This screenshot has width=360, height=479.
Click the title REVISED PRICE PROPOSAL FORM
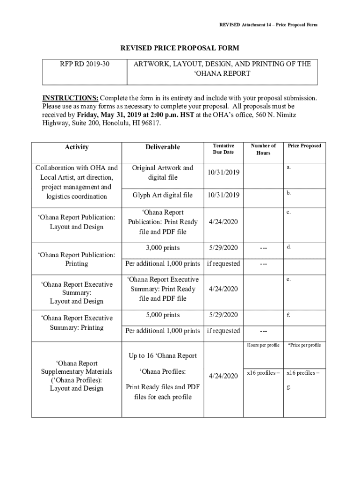click(x=180, y=48)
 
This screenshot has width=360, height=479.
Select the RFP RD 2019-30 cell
click(x=85, y=64)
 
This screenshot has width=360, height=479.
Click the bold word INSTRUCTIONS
click(x=70, y=98)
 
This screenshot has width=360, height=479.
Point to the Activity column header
click(x=77, y=147)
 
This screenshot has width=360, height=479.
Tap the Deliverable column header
click(x=162, y=147)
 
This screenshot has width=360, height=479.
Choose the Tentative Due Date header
click(x=223, y=149)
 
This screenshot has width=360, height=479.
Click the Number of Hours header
click(x=263, y=149)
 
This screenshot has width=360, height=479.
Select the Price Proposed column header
click(x=304, y=146)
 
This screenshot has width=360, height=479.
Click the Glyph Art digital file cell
click(x=162, y=195)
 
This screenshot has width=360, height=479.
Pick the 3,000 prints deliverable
click(x=162, y=248)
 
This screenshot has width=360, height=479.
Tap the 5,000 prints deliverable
click(x=162, y=315)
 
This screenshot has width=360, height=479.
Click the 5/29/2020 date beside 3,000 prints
click(x=223, y=248)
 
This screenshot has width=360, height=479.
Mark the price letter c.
click(x=289, y=212)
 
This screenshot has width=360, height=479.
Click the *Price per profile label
click(x=304, y=345)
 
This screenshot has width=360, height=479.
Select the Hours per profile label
click(x=263, y=345)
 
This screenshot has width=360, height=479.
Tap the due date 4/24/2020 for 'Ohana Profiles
click(x=223, y=376)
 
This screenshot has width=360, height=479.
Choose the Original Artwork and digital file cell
click(x=162, y=173)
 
